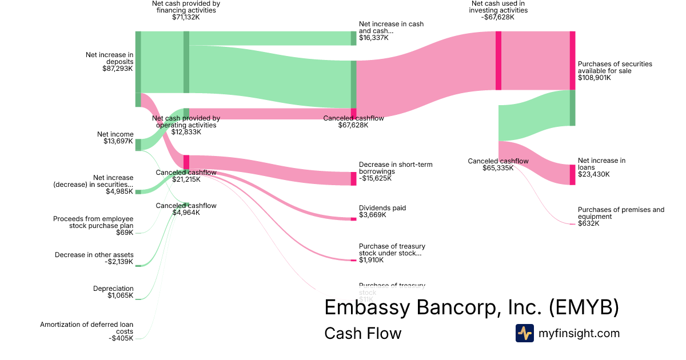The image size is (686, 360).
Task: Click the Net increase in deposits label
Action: [109, 58]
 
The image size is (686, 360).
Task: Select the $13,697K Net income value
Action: [118, 141]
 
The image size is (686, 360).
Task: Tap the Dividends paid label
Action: [382, 208]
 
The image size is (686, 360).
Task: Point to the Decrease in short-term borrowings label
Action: [396, 168]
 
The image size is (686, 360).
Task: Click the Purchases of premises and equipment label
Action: [621, 213]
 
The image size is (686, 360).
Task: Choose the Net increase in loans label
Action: [601, 164]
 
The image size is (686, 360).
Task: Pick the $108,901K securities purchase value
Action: [595, 78]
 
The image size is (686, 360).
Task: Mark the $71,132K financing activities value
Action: [186, 17]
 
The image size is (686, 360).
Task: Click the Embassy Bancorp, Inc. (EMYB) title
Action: [472, 307]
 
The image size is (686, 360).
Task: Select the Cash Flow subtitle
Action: [362, 333]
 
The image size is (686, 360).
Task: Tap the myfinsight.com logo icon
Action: [524, 333]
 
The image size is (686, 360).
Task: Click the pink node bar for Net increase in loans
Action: [572, 174]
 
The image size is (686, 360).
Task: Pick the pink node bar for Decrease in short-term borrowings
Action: [353, 178]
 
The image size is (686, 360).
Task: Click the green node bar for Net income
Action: [138, 145]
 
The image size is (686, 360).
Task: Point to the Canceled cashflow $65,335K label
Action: [498, 165]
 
